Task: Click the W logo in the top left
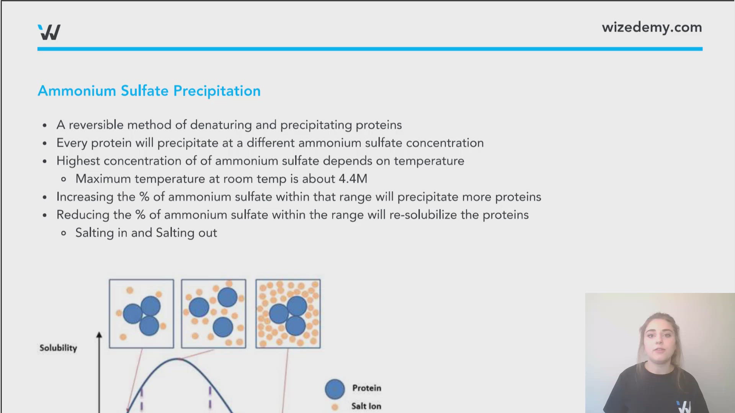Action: click(x=49, y=32)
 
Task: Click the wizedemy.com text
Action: click(x=652, y=28)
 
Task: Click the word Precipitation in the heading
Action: click(x=217, y=91)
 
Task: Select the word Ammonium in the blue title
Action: click(x=77, y=91)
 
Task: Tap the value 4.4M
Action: click(x=353, y=179)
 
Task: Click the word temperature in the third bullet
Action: click(x=429, y=161)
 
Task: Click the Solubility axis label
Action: click(x=58, y=348)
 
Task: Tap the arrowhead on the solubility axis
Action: click(x=99, y=335)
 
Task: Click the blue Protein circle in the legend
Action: click(x=335, y=389)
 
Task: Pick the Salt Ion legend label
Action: click(x=366, y=406)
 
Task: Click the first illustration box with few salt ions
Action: click(x=141, y=314)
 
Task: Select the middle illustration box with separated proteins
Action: click(x=214, y=314)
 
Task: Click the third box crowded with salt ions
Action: click(x=288, y=314)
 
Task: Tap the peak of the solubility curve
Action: click(x=178, y=359)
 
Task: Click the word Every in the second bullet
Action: click(x=72, y=143)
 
